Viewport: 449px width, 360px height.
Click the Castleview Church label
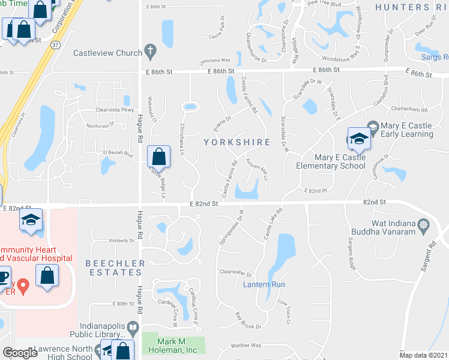(107, 53)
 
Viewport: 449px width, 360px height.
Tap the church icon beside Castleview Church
(151, 52)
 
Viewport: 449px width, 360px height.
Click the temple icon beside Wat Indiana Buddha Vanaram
(425, 226)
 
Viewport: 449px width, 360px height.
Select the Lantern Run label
(264, 284)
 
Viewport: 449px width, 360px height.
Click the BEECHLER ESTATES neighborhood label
(115, 268)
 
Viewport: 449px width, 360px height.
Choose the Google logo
(20, 353)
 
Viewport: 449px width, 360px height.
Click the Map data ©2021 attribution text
(423, 355)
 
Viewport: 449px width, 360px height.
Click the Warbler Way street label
(248, 346)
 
